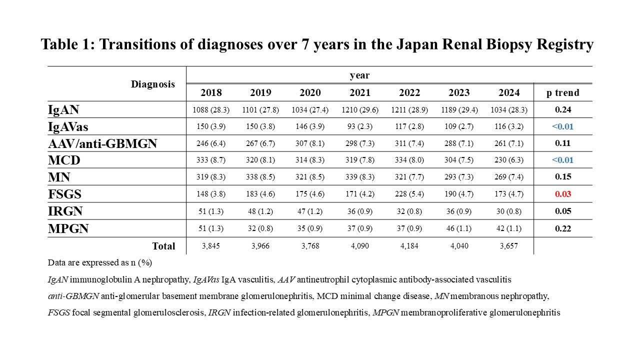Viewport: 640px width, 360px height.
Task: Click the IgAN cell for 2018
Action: coord(211,110)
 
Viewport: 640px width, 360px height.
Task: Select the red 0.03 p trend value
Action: coord(563,194)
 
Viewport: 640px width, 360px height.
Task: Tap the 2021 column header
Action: coord(359,92)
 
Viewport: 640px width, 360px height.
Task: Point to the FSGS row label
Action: coord(64,194)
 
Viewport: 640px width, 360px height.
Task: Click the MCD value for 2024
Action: coord(509,160)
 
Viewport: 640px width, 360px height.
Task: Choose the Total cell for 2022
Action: coord(409,246)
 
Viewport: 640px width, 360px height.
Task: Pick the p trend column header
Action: coord(563,93)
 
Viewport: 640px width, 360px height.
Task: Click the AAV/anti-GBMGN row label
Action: coord(102,143)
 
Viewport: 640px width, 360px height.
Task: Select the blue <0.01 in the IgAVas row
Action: coord(562,126)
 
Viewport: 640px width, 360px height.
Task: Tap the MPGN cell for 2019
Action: coord(260,228)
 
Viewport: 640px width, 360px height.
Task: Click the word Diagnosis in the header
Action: coord(153,84)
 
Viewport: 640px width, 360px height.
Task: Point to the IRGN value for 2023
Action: coord(459,211)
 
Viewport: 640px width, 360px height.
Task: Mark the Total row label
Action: coord(163,246)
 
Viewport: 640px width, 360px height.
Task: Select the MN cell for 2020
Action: coord(310,177)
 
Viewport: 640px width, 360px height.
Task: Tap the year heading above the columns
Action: coord(359,75)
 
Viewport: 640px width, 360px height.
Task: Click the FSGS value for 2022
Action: coord(409,194)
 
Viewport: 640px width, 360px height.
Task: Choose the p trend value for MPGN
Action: coord(563,228)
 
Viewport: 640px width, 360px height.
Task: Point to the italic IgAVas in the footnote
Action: coord(206,279)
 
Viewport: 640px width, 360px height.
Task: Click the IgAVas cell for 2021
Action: coord(359,126)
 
